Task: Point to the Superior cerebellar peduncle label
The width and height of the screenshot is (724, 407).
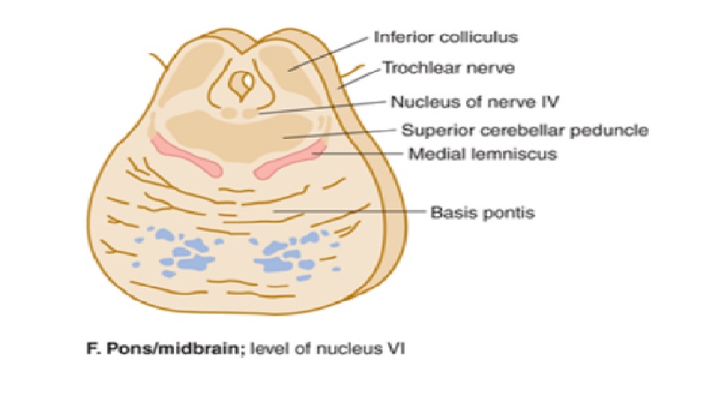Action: pyautogui.click(x=525, y=132)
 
